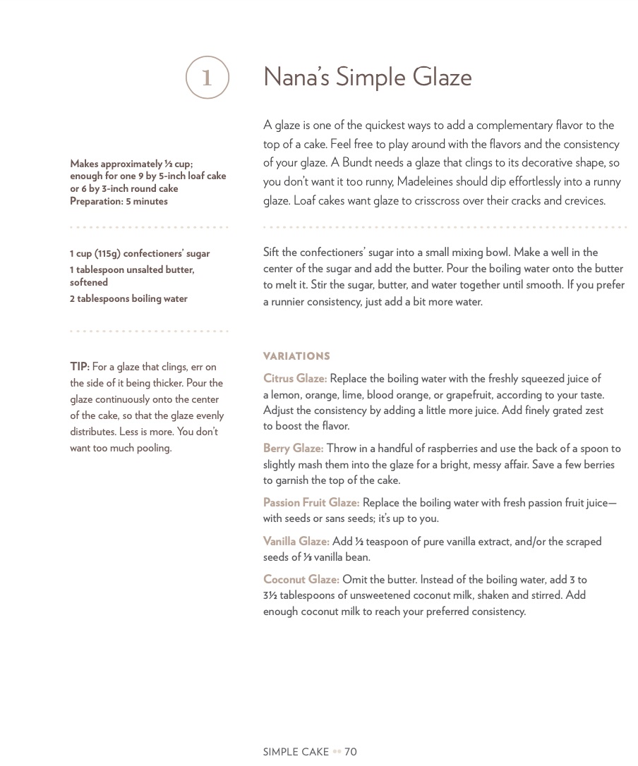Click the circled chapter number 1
point(207,78)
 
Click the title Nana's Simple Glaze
point(367,77)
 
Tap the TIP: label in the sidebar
point(79,367)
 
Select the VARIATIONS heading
point(296,356)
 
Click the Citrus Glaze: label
point(294,379)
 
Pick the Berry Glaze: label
point(293,449)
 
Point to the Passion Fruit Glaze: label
point(311,503)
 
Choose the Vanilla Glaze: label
point(296,542)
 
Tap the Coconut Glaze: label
point(301,580)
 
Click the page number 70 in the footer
point(351,752)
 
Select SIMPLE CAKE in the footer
point(296,752)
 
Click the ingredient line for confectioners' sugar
point(140,253)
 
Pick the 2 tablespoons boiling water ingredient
point(128,298)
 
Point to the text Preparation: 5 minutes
point(119,201)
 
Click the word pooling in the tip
point(152,448)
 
